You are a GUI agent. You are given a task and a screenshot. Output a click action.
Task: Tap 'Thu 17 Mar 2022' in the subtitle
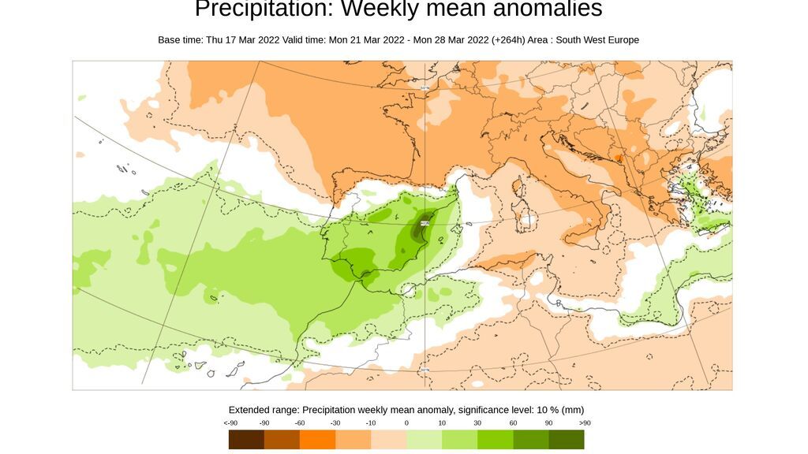click(241, 40)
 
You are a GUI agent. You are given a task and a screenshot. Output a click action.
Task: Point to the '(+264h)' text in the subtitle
click(507, 40)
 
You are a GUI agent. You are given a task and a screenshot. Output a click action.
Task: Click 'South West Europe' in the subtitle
click(597, 40)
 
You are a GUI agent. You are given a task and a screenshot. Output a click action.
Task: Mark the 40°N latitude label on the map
click(425, 223)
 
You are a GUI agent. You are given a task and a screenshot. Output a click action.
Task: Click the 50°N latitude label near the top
click(425, 87)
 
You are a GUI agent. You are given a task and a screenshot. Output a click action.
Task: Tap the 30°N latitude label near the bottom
click(425, 370)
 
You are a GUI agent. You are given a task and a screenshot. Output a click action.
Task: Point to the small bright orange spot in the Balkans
click(619, 158)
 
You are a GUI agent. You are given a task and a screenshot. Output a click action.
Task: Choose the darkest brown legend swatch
click(246, 439)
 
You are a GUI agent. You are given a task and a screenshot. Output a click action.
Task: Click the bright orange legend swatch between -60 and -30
click(317, 439)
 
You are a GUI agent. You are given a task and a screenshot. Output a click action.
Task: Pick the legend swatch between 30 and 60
click(495, 439)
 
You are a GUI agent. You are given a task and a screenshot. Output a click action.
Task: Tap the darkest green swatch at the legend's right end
click(566, 439)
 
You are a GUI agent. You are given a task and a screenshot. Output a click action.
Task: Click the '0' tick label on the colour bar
click(406, 423)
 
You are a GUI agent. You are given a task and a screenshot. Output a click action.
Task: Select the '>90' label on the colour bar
click(584, 423)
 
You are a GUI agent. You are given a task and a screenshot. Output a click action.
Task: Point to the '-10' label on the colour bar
click(371, 423)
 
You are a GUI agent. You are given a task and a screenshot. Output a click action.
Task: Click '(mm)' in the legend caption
click(572, 410)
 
